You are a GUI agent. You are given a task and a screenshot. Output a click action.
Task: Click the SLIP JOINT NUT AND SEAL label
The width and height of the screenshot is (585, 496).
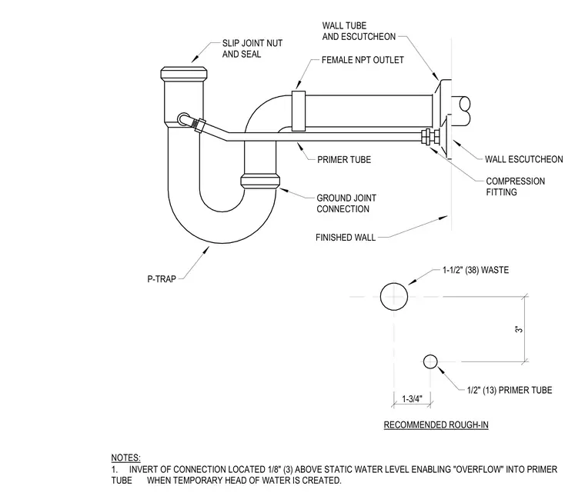point(252,48)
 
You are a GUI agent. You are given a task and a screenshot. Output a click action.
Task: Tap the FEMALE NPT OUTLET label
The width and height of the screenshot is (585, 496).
point(363,60)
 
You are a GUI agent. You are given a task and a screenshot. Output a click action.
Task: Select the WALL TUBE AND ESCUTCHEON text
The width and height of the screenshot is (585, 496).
point(359,31)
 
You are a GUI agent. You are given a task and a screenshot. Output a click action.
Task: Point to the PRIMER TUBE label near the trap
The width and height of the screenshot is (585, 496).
point(344,159)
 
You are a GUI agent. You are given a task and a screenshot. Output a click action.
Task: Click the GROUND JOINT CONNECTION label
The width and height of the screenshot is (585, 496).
point(346,204)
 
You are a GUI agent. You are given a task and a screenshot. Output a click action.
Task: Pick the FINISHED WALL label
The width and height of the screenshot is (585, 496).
point(346,238)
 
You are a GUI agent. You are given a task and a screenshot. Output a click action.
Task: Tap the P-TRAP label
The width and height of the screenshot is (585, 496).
point(162,278)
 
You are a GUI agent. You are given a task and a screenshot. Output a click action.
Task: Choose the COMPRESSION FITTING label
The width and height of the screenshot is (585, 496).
point(515,187)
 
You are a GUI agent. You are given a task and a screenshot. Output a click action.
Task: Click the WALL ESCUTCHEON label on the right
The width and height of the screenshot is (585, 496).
point(524,159)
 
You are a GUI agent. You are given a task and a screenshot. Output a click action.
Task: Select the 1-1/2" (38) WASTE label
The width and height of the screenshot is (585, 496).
point(476,270)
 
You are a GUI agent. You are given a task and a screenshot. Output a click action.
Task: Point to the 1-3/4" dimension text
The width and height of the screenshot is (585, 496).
point(412,399)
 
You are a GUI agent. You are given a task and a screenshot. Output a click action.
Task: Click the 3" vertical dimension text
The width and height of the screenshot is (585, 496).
point(519,329)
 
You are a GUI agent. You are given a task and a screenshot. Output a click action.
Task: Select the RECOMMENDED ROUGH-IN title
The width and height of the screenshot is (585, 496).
point(436,424)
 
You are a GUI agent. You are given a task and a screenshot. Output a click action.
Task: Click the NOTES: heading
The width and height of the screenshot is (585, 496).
point(125,458)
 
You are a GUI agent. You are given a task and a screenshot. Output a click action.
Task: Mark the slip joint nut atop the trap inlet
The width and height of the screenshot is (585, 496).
point(183,73)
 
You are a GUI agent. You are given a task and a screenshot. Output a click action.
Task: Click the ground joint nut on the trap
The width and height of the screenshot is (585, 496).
point(260,181)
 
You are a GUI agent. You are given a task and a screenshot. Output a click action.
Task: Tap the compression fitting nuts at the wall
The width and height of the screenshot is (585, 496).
point(430,136)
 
